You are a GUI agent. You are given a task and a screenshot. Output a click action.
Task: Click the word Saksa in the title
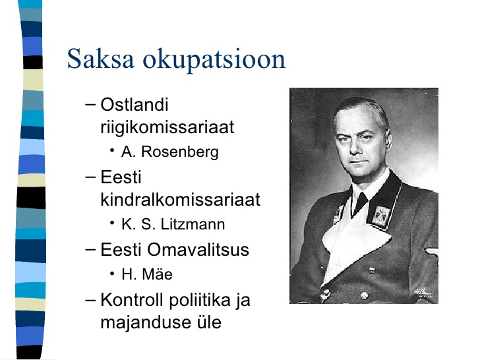click(x=101, y=59)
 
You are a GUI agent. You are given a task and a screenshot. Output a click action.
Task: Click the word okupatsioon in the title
click(x=214, y=60)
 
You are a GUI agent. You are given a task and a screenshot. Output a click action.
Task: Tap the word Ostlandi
click(x=135, y=105)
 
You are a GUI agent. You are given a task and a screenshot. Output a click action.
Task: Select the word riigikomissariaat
click(x=167, y=128)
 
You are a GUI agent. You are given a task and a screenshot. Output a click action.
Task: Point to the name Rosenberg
click(x=180, y=152)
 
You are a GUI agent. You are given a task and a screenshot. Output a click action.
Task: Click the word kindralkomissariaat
click(x=180, y=199)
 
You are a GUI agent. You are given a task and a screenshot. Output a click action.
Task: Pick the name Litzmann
click(x=193, y=224)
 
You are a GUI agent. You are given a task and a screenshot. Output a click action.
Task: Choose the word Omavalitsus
click(x=198, y=249)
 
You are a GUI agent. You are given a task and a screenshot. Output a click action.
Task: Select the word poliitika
click(x=200, y=300)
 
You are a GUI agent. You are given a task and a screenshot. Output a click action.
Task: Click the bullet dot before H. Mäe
click(x=112, y=273)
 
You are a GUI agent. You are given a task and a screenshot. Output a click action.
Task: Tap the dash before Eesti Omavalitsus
click(x=90, y=249)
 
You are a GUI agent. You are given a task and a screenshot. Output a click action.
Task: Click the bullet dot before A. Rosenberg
click(x=112, y=150)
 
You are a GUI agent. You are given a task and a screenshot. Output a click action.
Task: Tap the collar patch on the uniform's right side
click(x=380, y=216)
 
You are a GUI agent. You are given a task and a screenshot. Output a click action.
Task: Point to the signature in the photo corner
click(x=423, y=292)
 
